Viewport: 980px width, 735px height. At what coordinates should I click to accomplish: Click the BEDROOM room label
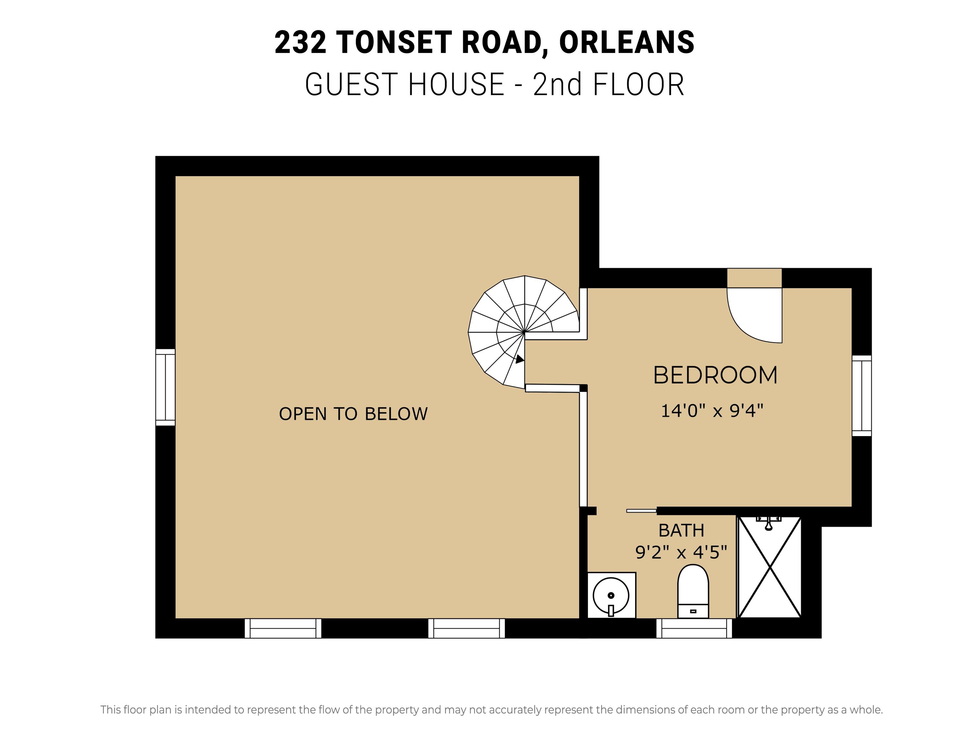pyautogui.click(x=715, y=375)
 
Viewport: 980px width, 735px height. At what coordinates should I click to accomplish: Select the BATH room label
pyautogui.click(x=681, y=530)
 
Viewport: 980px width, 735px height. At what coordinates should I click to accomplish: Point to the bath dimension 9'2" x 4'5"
pyautogui.click(x=681, y=552)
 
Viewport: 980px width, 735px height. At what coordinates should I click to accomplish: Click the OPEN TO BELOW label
pyautogui.click(x=353, y=414)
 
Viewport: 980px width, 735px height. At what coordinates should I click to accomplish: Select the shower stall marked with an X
pyautogui.click(x=770, y=567)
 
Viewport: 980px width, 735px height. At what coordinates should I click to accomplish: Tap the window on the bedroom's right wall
pyautogui.click(x=862, y=396)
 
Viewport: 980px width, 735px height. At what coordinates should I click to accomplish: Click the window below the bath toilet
pyautogui.click(x=694, y=628)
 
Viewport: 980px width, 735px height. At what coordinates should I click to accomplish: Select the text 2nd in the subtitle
pyautogui.click(x=557, y=84)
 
